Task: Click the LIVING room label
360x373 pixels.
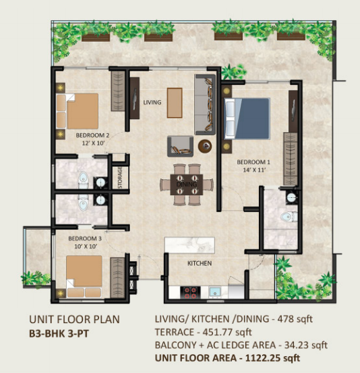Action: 152,102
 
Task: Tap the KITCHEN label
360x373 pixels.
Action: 200,263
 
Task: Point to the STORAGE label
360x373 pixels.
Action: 120,178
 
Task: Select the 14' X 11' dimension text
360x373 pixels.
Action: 254,170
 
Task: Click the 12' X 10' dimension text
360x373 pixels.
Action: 94,143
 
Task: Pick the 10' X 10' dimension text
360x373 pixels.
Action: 86,246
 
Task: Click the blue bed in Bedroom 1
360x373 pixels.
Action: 247,118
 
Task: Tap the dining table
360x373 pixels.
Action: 187,184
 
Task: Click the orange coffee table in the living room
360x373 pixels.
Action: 175,103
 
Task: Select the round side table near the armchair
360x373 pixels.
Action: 205,145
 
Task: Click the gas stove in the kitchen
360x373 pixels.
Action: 190,292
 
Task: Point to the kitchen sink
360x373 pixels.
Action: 215,292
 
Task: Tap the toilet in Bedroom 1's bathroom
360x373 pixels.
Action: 289,217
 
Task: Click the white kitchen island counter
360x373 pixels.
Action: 189,245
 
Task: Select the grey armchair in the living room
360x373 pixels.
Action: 180,146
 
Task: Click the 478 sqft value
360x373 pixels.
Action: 295,318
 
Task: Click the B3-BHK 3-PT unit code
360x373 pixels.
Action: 59,333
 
